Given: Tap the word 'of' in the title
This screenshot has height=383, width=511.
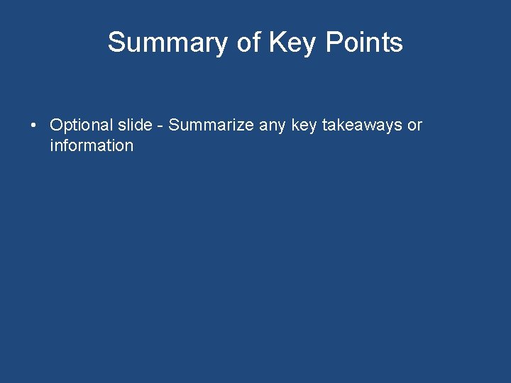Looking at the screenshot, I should tap(248, 43).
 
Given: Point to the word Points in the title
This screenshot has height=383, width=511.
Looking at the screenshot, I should tap(364, 43).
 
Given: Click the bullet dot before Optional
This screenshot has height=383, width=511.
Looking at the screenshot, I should tap(33, 126).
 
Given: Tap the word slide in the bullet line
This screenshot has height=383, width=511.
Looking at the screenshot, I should tap(134, 126).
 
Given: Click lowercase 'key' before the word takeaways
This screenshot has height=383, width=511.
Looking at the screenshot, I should tap(304, 126).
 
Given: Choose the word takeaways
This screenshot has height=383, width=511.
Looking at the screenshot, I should tap(362, 126).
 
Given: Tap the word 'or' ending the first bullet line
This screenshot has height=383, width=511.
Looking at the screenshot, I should tap(414, 126).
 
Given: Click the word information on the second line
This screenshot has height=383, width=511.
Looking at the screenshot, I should tap(92, 146).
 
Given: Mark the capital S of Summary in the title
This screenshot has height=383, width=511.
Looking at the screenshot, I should tap(116, 43).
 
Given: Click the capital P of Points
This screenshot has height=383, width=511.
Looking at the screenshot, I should tap(334, 43).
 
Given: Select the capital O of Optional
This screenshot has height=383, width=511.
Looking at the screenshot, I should tap(56, 126).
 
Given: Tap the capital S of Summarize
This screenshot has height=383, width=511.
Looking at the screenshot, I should tap(175, 126).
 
